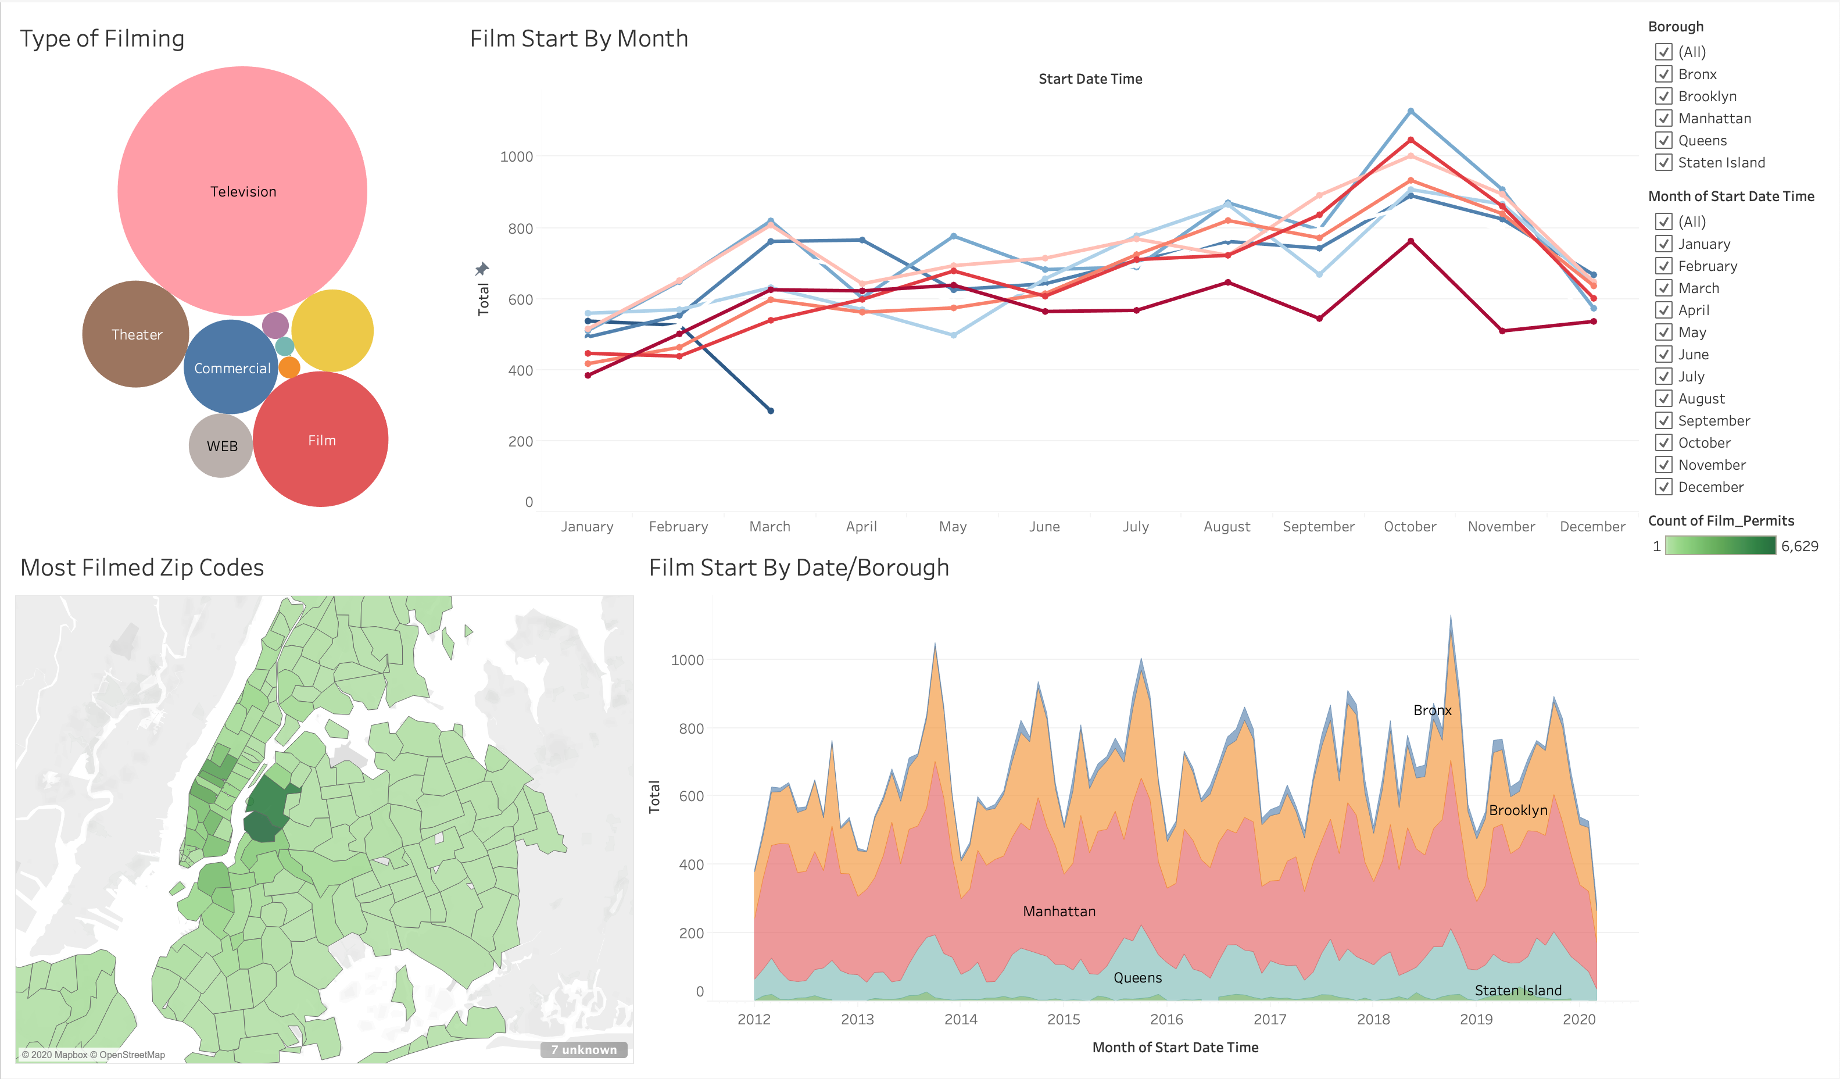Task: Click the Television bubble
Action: click(242, 191)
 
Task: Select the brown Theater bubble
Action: click(136, 335)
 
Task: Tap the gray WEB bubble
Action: click(221, 446)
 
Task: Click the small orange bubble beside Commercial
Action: click(290, 367)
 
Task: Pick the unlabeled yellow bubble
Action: click(333, 330)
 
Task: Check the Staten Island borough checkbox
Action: click(1664, 162)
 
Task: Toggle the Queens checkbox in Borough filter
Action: click(1664, 140)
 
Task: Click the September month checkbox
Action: click(1664, 420)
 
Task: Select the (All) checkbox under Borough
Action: click(1664, 52)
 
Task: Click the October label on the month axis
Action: click(1409, 527)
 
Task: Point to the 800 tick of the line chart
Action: click(520, 228)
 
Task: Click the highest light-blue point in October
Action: click(1411, 111)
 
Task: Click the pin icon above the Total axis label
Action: click(482, 269)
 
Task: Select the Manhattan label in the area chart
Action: click(1059, 911)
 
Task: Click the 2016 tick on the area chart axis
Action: click(1166, 1019)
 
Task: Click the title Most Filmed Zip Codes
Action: click(142, 567)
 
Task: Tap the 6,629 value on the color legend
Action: click(1799, 546)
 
